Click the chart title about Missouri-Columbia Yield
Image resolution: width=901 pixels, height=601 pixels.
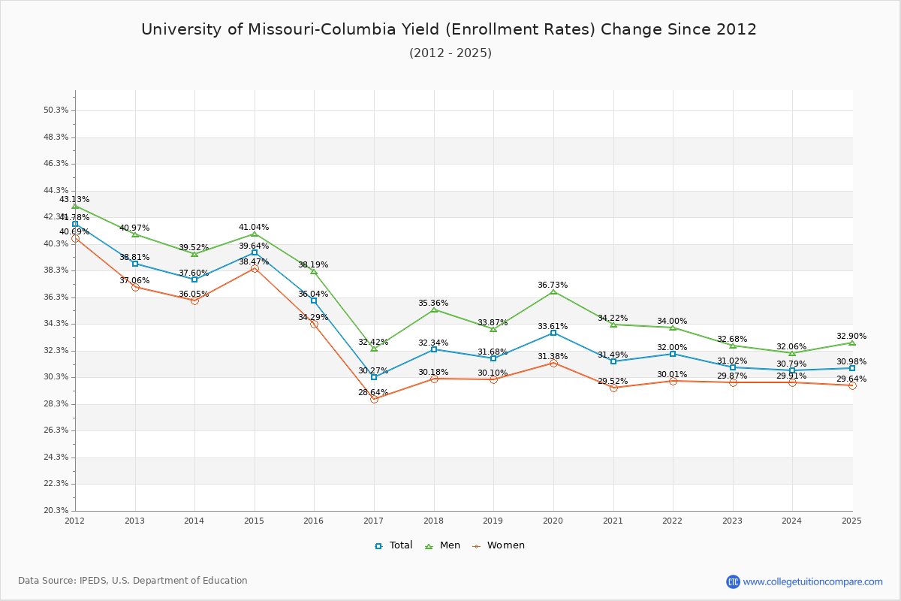coord(449,29)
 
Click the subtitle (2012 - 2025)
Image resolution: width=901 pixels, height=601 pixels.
coord(450,53)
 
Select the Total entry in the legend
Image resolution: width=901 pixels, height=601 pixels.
coord(394,545)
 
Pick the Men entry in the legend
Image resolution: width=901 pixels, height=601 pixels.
coord(444,545)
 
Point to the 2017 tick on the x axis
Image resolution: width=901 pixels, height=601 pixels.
coord(374,520)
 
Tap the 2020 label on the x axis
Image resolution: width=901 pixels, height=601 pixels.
coord(553,520)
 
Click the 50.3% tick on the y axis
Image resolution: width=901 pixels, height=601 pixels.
coord(56,110)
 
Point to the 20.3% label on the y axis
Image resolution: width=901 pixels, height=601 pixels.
coord(56,510)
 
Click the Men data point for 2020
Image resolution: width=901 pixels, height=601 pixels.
coord(553,291)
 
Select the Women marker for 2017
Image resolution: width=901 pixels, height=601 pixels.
coord(374,399)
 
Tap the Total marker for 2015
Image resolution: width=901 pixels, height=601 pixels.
coord(255,252)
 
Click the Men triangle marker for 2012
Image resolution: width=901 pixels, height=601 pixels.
coord(75,206)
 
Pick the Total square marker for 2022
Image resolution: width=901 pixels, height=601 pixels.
coord(673,354)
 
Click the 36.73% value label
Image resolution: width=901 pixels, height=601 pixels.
coord(553,285)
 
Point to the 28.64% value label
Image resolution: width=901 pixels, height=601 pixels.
coord(373,392)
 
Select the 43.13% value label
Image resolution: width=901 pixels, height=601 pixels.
coord(74,199)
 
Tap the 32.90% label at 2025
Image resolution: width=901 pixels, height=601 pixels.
coord(851,336)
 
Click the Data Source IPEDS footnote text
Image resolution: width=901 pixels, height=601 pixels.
coord(133,581)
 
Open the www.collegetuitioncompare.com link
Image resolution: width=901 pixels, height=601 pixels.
coord(812,581)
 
